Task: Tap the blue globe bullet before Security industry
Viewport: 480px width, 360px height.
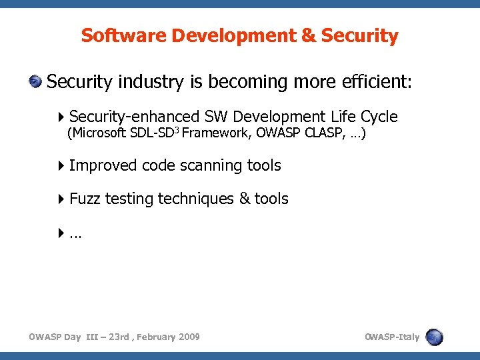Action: (x=35, y=82)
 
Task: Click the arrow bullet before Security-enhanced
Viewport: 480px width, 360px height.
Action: (x=62, y=117)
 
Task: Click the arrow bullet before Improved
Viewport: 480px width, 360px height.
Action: (x=62, y=165)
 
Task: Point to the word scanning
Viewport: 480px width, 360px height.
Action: (x=211, y=165)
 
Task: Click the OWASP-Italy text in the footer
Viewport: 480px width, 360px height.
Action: (x=392, y=337)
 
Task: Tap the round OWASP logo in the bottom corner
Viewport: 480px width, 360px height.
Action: (x=435, y=337)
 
